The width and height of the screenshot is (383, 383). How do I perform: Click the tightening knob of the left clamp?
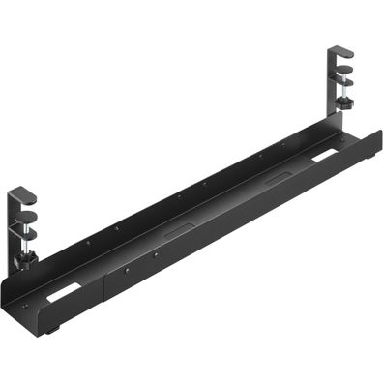point(29,258)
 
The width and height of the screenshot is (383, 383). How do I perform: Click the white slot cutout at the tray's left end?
point(64,292)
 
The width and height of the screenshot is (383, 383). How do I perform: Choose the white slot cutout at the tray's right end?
point(325,154)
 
